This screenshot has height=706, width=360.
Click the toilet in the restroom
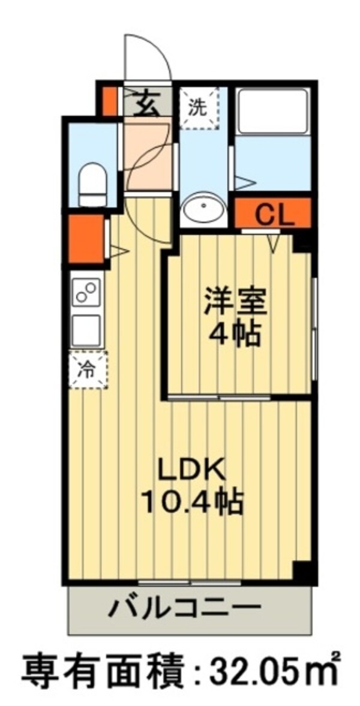[92, 178]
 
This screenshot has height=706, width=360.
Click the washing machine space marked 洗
[199, 108]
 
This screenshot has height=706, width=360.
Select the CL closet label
[274, 214]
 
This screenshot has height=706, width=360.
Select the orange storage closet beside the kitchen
[86, 238]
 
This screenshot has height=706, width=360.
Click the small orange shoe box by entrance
[109, 102]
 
